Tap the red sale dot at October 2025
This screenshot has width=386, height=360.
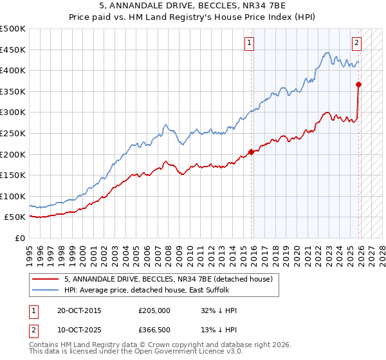(359, 84)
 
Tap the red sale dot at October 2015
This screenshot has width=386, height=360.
(252, 152)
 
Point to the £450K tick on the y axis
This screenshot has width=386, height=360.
(13, 50)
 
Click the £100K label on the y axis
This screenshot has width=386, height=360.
(13, 196)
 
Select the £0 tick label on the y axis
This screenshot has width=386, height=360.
(20, 238)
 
